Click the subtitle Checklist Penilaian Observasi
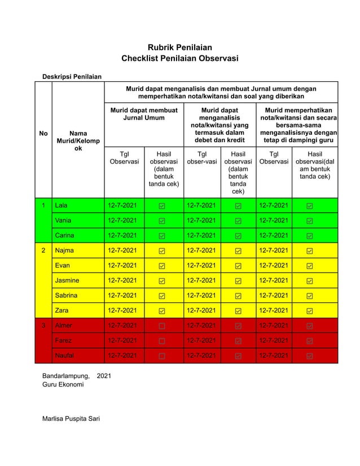tap(179, 58)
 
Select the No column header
tap(43, 134)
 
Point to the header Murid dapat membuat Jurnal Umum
tap(143, 114)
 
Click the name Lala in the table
tap(61, 205)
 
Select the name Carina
tap(64, 235)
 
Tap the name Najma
tap(64, 250)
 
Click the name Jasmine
tap(67, 280)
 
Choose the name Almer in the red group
tap(64, 326)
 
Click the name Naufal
tap(65, 355)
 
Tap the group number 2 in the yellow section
tap(43, 250)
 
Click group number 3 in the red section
tap(43, 326)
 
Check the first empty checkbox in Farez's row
tap(162, 341)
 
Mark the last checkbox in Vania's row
tap(310, 221)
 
